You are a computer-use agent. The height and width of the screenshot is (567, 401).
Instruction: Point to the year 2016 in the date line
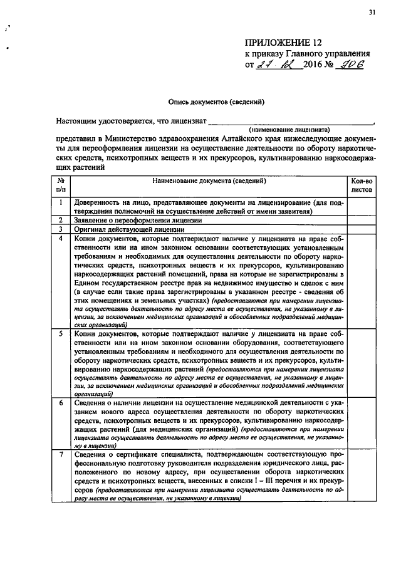[313, 65]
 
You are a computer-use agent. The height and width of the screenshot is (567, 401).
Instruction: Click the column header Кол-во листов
[362, 184]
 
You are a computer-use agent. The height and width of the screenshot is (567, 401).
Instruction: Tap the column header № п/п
[61, 184]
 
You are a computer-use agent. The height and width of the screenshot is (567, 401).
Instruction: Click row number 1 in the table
[61, 202]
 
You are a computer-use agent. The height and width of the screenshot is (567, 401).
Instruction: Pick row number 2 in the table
[61, 220]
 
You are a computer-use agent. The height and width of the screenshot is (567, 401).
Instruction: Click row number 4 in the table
[61, 238]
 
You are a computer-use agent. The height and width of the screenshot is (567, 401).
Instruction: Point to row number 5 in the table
[61, 334]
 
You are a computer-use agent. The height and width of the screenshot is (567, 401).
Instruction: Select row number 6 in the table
[61, 403]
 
